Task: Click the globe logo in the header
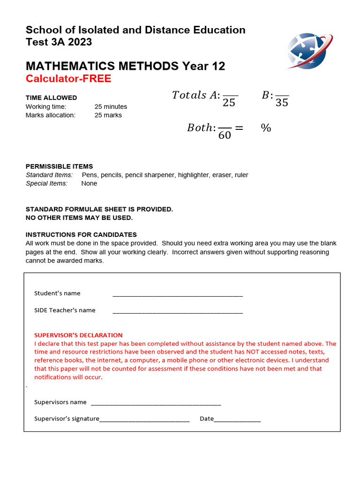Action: click(x=309, y=51)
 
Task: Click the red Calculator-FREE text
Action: click(x=68, y=79)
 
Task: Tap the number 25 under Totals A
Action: click(x=229, y=103)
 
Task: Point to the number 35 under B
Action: click(x=282, y=103)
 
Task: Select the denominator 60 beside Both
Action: click(x=225, y=135)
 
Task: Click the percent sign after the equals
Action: click(x=266, y=128)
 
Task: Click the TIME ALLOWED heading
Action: click(x=51, y=98)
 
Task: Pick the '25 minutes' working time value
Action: click(x=111, y=107)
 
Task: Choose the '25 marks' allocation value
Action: click(x=108, y=115)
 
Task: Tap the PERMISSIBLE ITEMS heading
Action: click(x=59, y=166)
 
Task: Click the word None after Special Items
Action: click(x=89, y=183)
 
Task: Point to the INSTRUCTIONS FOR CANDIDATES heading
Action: click(x=81, y=234)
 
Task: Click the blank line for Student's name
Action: click(x=178, y=295)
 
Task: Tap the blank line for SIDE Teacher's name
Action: click(x=178, y=312)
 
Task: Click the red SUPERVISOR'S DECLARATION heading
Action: click(x=78, y=335)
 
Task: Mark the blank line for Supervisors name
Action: click(x=156, y=404)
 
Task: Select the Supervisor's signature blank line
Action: click(x=144, y=420)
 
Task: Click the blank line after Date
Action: click(x=237, y=420)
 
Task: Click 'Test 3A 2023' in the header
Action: click(x=59, y=42)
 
